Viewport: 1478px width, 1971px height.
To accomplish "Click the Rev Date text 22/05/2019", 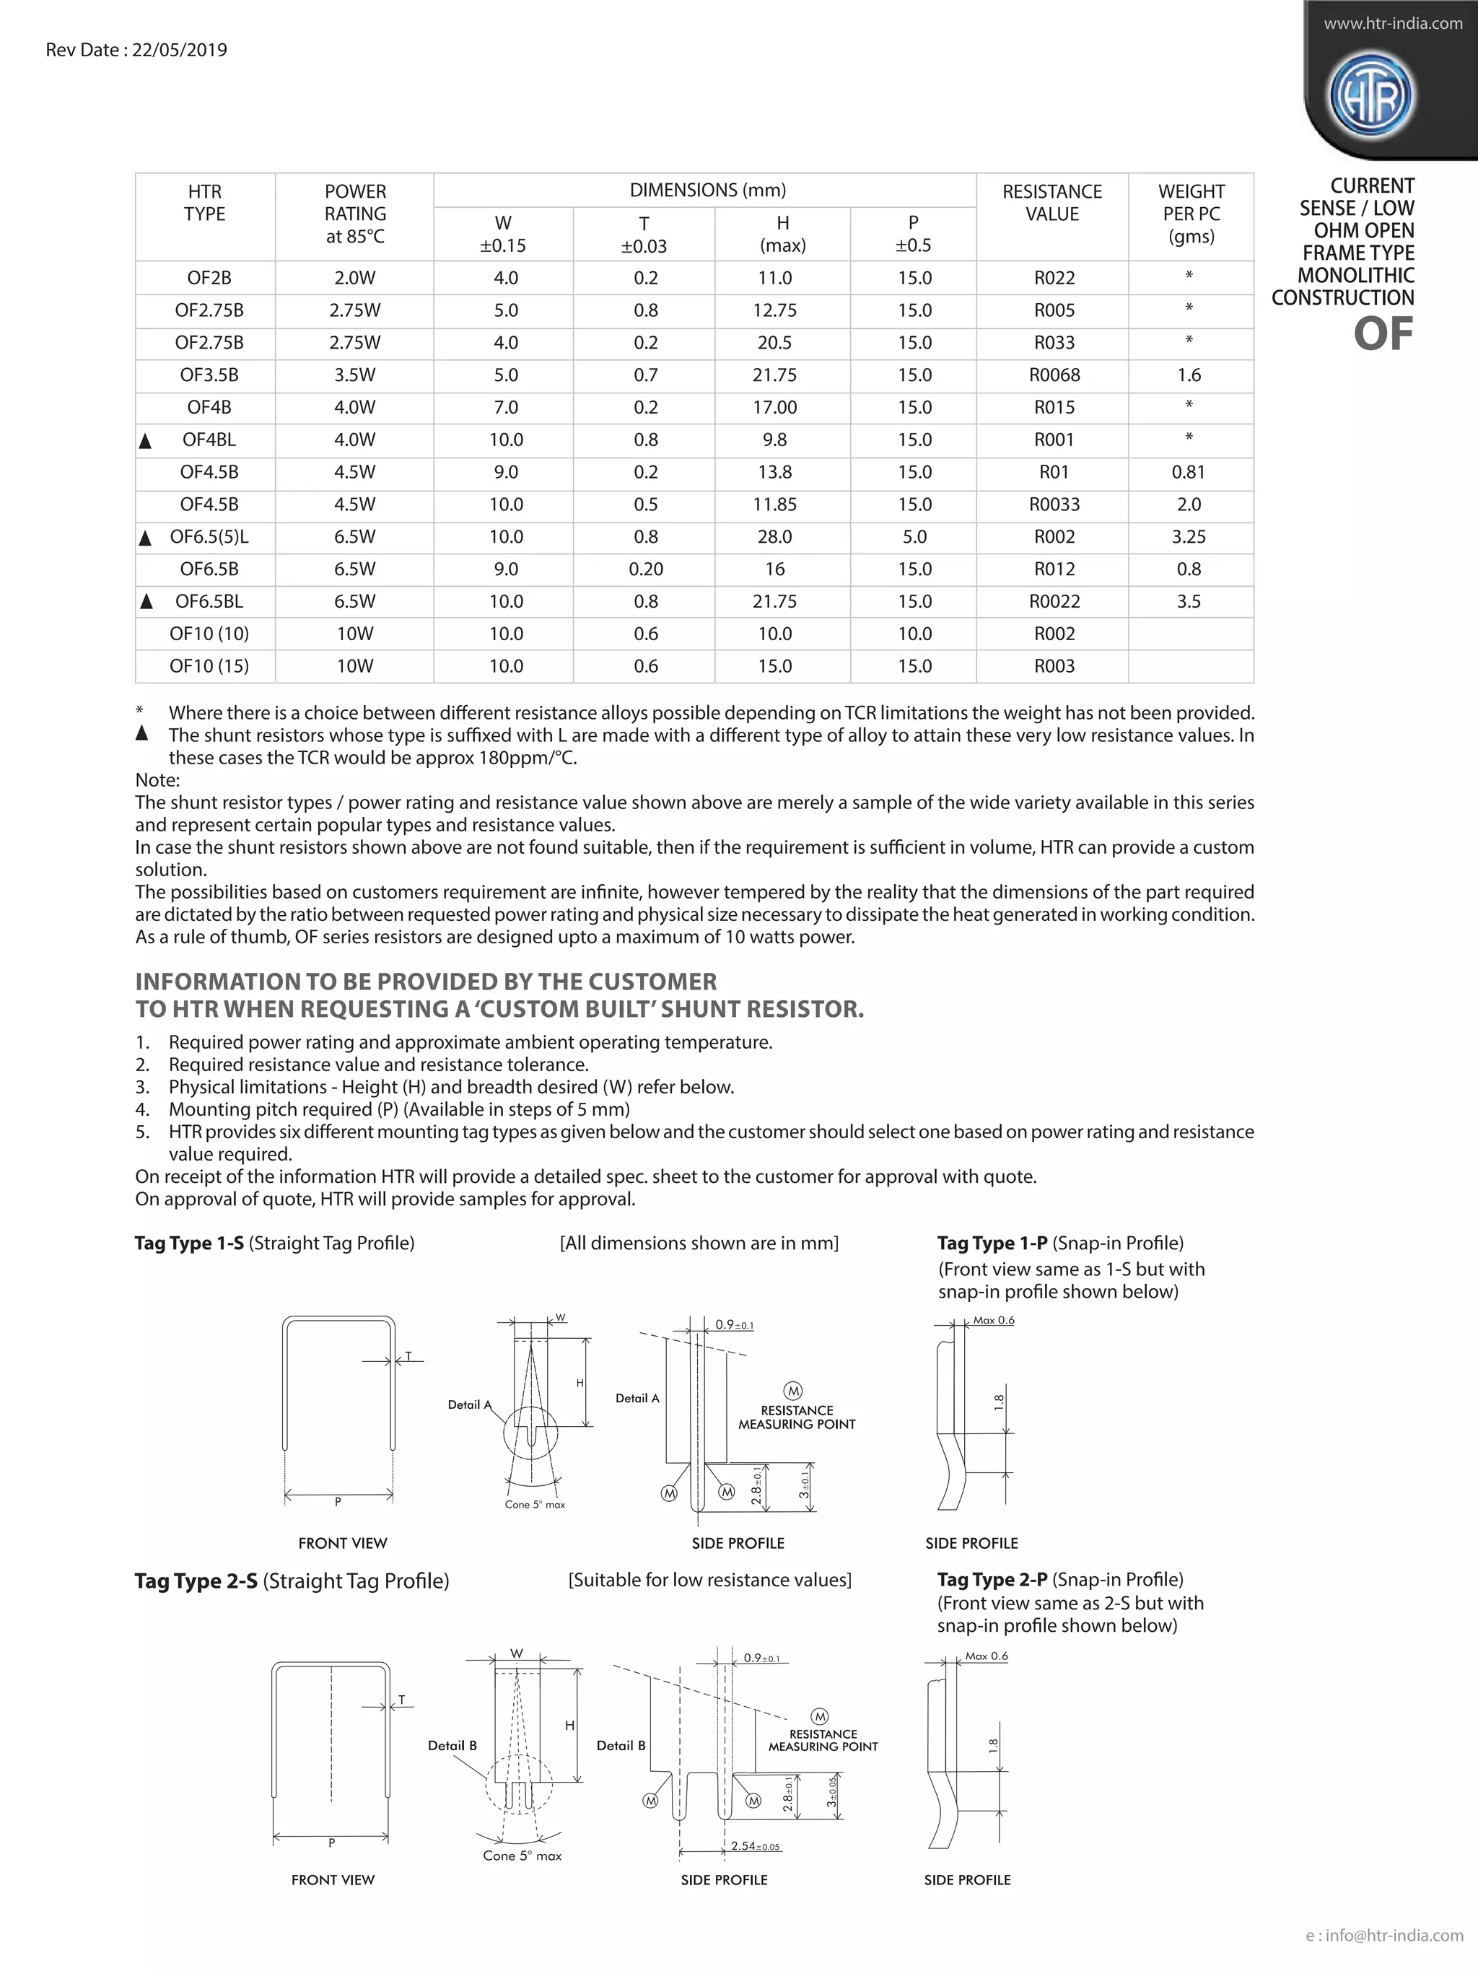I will [179, 50].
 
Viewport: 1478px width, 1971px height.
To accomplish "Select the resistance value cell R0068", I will [1054, 375].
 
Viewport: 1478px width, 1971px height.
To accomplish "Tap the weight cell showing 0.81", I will [1189, 472].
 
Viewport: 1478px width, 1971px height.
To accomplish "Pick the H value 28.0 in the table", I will [774, 537].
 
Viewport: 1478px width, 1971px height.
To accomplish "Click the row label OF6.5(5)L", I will [209, 537].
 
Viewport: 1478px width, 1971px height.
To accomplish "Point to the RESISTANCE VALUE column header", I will [1052, 203].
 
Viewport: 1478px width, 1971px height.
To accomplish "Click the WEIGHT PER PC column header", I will [1191, 214].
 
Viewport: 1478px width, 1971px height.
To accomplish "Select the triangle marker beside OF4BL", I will [146, 441].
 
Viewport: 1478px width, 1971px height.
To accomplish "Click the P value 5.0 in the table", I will [914, 537].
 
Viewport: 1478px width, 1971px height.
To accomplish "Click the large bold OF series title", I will [1383, 335].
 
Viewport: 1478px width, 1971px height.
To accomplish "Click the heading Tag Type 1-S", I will [189, 1243].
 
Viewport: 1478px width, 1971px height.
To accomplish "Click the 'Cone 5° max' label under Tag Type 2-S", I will [522, 1856].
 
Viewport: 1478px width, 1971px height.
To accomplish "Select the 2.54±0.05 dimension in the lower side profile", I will [756, 1846].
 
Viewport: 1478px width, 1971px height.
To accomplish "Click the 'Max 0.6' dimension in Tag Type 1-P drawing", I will [993, 1321].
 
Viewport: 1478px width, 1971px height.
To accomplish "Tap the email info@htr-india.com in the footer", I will [1394, 1936].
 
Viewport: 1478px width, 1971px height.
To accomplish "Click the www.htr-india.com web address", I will [1392, 24].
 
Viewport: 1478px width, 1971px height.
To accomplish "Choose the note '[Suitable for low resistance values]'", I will [709, 1581].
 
